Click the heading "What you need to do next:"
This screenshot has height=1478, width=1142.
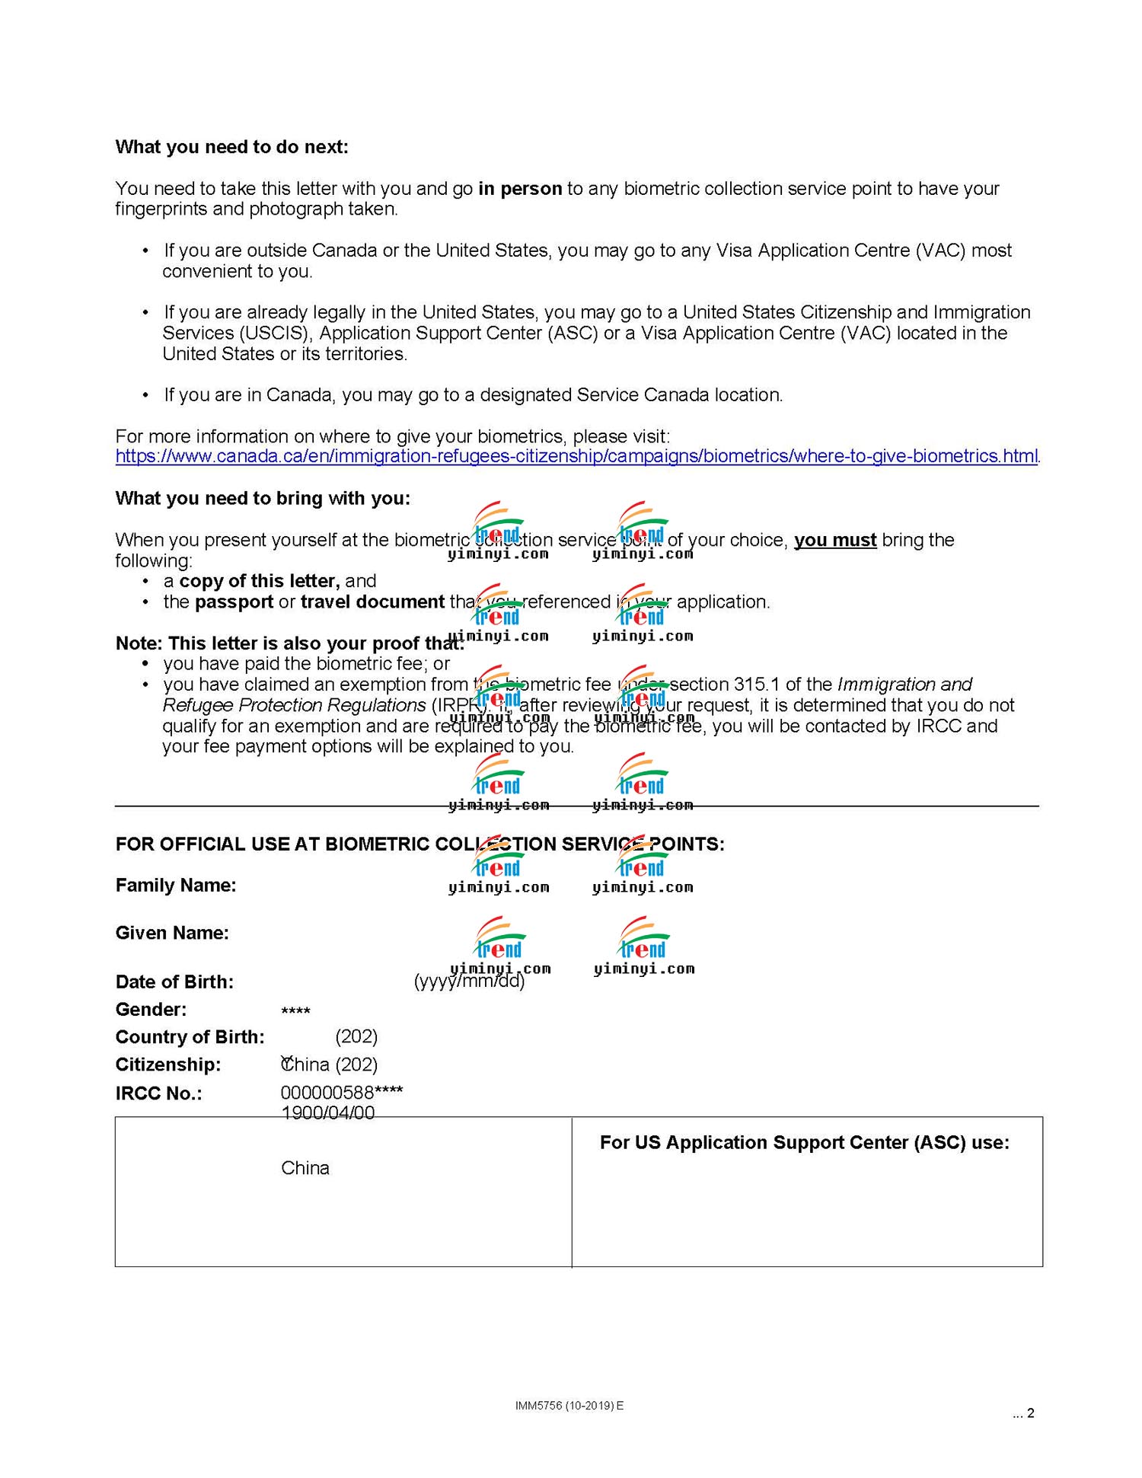pos(231,147)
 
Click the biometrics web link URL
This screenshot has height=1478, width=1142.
pos(576,456)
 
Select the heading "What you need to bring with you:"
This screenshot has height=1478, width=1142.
pos(263,498)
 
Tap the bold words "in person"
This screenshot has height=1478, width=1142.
pos(520,188)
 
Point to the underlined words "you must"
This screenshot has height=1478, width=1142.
pos(835,540)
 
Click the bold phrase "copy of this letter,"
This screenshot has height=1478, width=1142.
pos(260,581)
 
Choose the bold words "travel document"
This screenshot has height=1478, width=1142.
pos(372,602)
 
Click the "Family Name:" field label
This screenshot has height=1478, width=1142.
pos(176,885)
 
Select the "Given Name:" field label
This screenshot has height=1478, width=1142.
pos(172,933)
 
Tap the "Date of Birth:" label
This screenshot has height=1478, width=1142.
pos(174,982)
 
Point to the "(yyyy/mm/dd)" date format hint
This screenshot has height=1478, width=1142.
pos(469,981)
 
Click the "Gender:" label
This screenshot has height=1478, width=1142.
pos(151,1009)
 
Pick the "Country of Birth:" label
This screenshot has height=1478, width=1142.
pos(190,1036)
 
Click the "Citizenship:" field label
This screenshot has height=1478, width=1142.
pos(168,1065)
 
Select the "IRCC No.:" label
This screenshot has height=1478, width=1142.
pos(158,1093)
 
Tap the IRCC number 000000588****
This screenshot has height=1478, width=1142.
pos(342,1093)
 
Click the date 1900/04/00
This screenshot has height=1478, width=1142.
pos(327,1112)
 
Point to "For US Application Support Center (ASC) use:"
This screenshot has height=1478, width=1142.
pos(804,1142)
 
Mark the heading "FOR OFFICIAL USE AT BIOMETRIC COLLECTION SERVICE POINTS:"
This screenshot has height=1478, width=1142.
pos(419,844)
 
